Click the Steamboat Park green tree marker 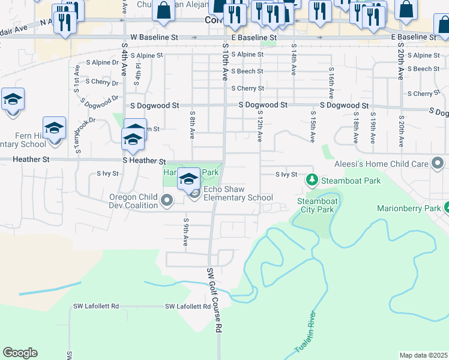(312, 179)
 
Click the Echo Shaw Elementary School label (238, 193)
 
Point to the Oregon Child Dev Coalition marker (167, 200)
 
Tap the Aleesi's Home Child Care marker (438, 163)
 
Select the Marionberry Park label (409, 209)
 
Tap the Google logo (20, 353)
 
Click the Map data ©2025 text (423, 355)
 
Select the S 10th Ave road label (225, 62)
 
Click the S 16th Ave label (331, 83)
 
